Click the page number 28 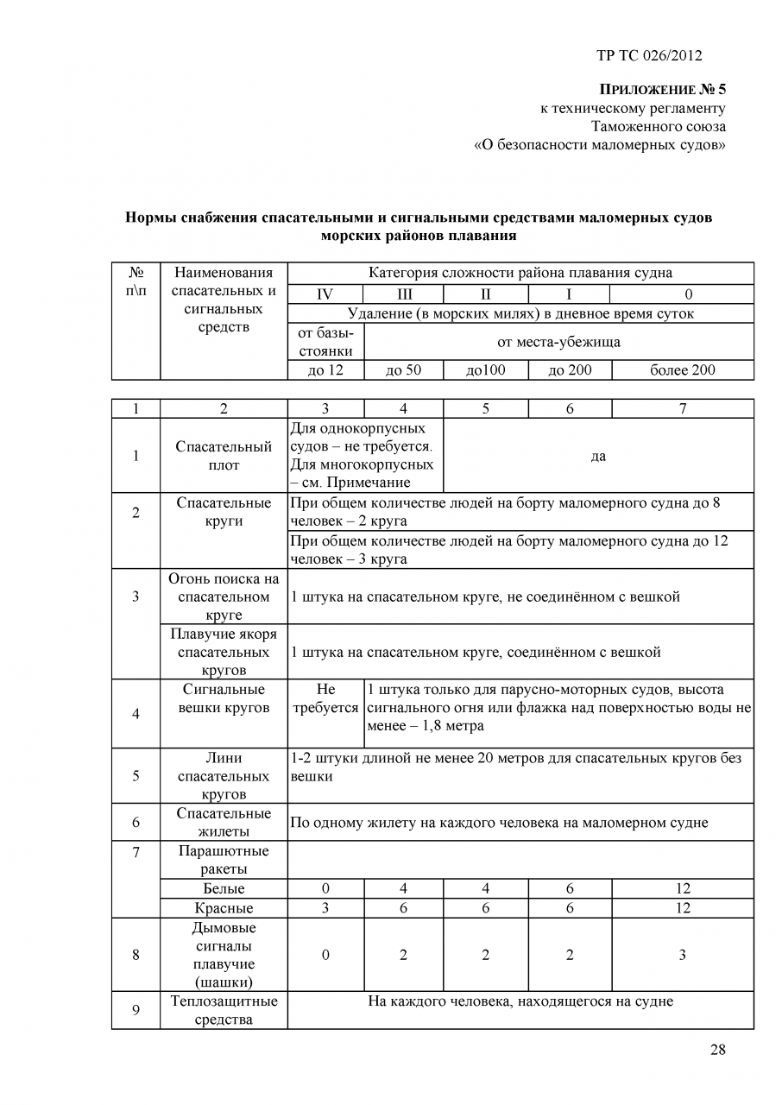[x=718, y=1050]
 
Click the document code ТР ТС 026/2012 [x=649, y=56]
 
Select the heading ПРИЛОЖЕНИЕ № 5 [x=663, y=90]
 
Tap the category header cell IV [x=325, y=294]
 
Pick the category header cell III [x=404, y=294]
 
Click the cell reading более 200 [x=682, y=370]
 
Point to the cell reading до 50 [x=404, y=370]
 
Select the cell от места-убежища [x=558, y=342]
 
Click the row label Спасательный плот [x=224, y=456]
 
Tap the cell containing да [x=598, y=456]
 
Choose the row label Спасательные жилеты [x=224, y=822]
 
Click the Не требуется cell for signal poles [x=325, y=698]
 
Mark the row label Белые [x=224, y=888]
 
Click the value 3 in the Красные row [x=325, y=908]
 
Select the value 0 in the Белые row [x=325, y=888]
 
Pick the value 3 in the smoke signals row [x=682, y=955]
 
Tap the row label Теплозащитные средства [x=224, y=1010]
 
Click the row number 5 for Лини [x=136, y=775]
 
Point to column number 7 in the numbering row [x=682, y=409]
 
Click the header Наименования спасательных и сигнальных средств [x=224, y=300]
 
